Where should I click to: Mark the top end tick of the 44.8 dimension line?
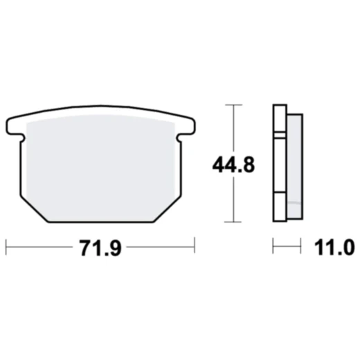point(235,105)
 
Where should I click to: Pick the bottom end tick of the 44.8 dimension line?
point(235,222)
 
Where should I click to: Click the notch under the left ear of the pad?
point(23,140)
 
